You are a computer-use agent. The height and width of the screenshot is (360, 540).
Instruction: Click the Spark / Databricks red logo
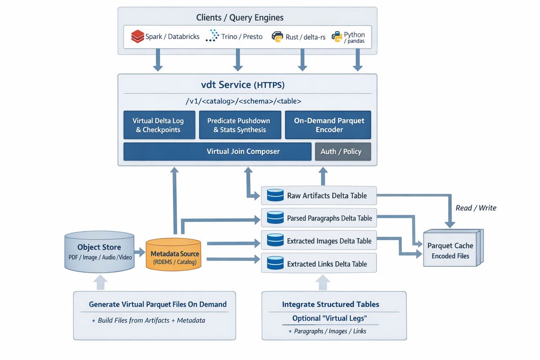coord(137,36)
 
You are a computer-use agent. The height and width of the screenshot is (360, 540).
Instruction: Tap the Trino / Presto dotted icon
coord(211,36)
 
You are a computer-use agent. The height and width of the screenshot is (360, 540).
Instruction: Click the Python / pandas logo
coord(337,37)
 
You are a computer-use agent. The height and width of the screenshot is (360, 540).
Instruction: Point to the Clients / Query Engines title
coord(240,18)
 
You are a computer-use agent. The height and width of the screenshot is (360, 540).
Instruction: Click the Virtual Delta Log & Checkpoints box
coord(158,125)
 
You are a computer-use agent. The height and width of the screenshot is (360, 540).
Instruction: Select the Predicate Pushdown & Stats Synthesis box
coord(238,125)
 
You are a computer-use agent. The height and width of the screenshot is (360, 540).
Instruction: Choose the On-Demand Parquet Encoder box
coord(328,125)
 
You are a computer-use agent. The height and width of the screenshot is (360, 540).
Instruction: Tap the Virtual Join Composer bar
coord(217,152)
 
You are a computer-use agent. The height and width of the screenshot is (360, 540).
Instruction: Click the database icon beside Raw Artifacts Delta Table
coord(274,196)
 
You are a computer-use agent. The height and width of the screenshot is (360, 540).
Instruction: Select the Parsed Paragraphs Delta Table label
coord(329,218)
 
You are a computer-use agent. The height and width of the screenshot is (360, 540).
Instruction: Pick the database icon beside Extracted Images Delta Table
coord(274,241)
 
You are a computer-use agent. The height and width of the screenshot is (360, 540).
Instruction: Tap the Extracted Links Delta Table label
coord(327,264)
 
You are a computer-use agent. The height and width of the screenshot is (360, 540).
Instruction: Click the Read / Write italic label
coord(476,208)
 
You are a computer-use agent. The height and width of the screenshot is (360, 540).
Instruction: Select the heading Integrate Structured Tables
coord(330,305)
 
